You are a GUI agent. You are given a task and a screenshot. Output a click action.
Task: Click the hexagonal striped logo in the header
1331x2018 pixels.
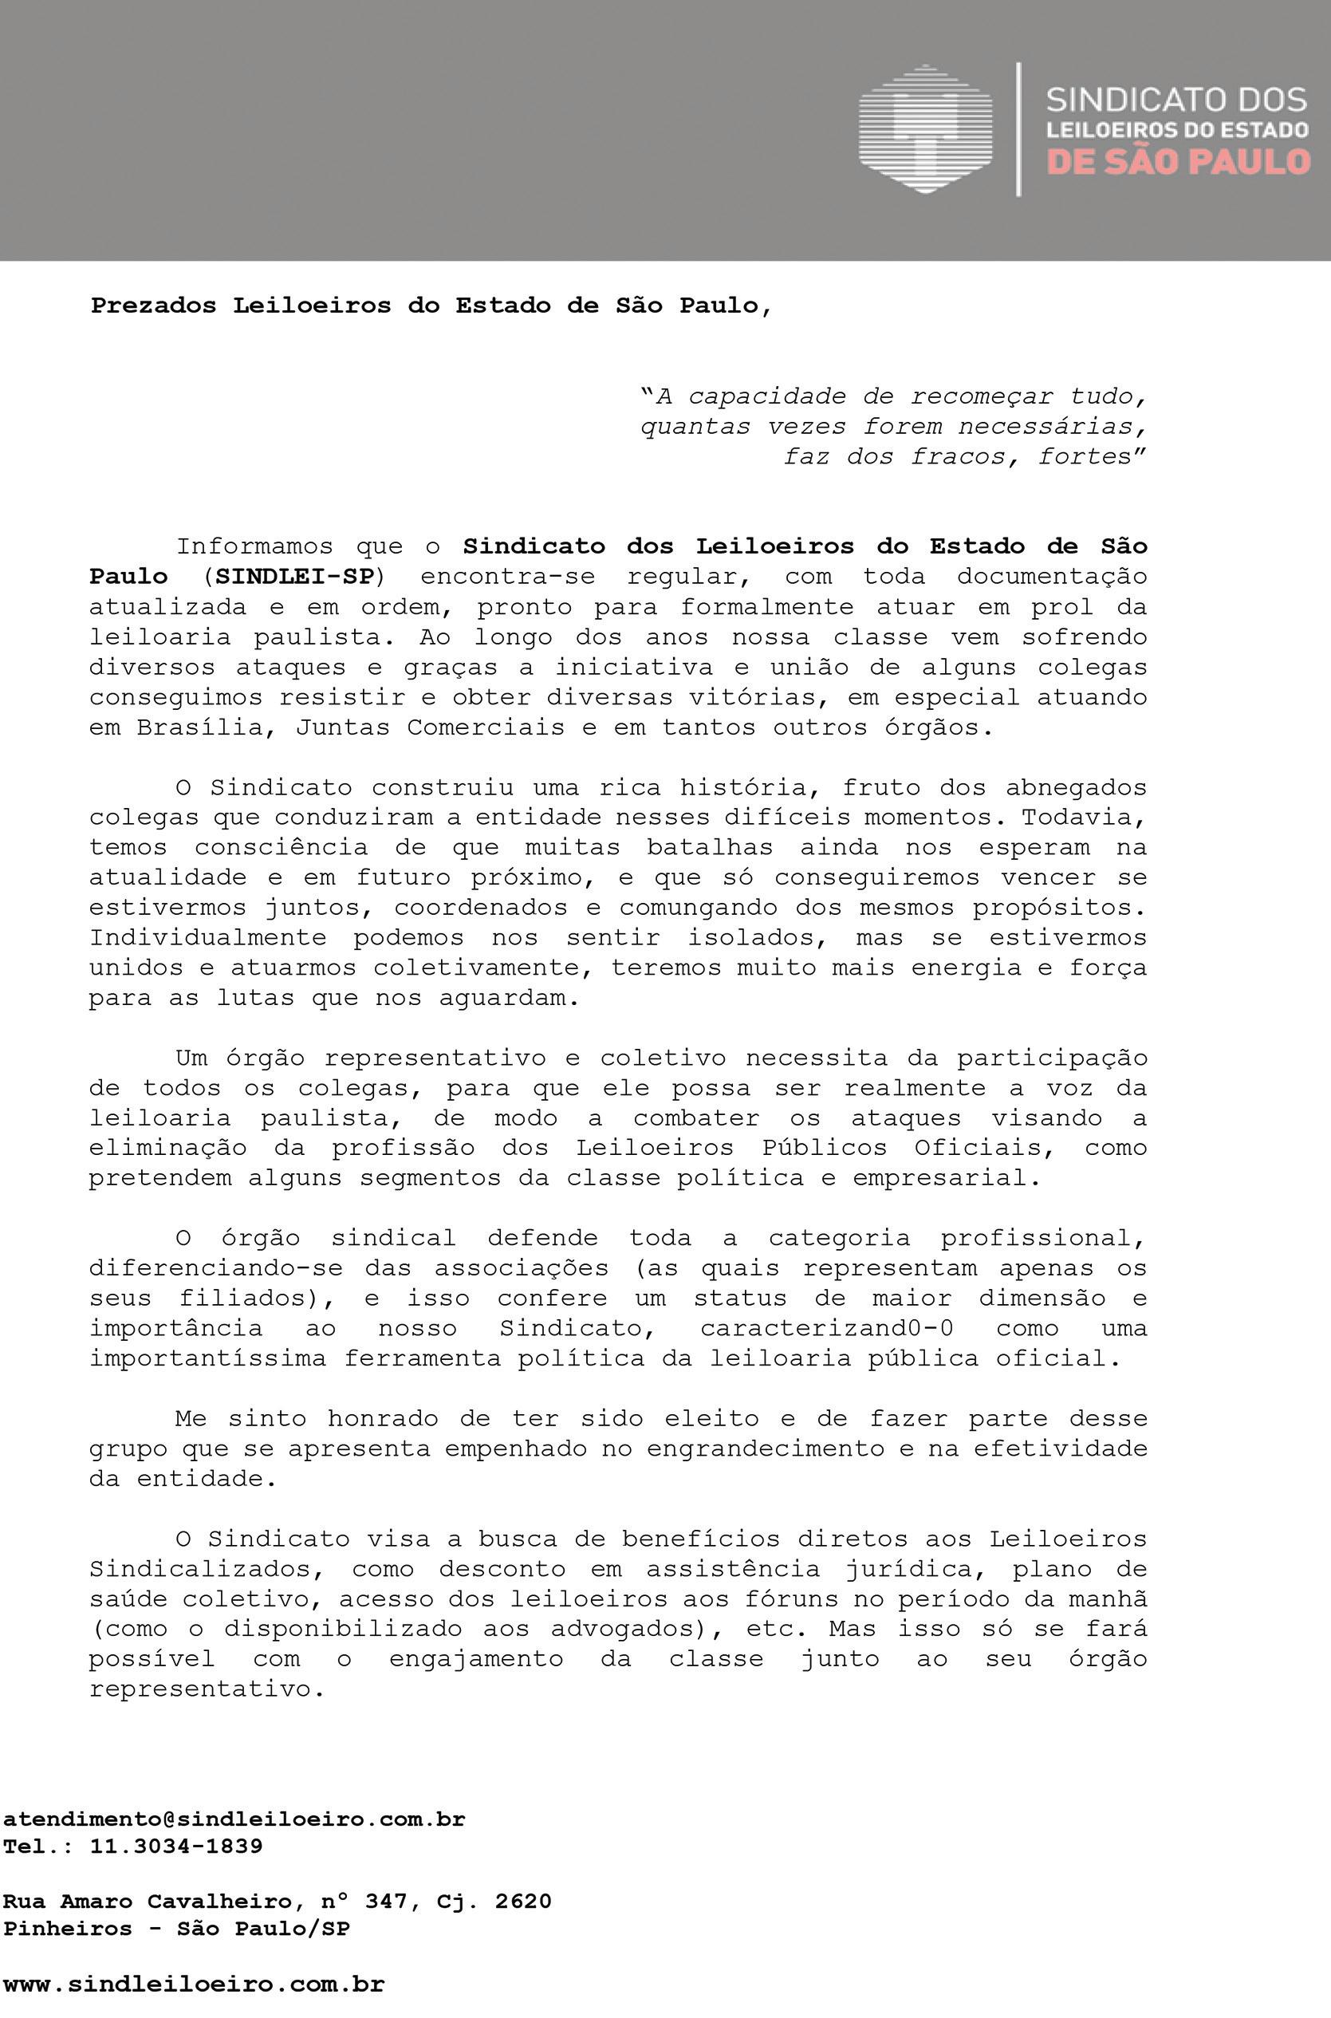click(x=924, y=128)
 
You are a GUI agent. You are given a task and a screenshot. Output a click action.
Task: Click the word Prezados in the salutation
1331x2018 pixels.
click(x=154, y=305)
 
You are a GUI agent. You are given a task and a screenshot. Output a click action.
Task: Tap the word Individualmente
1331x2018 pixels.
click(x=208, y=938)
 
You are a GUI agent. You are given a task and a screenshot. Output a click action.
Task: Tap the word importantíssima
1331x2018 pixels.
click(x=208, y=1358)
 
